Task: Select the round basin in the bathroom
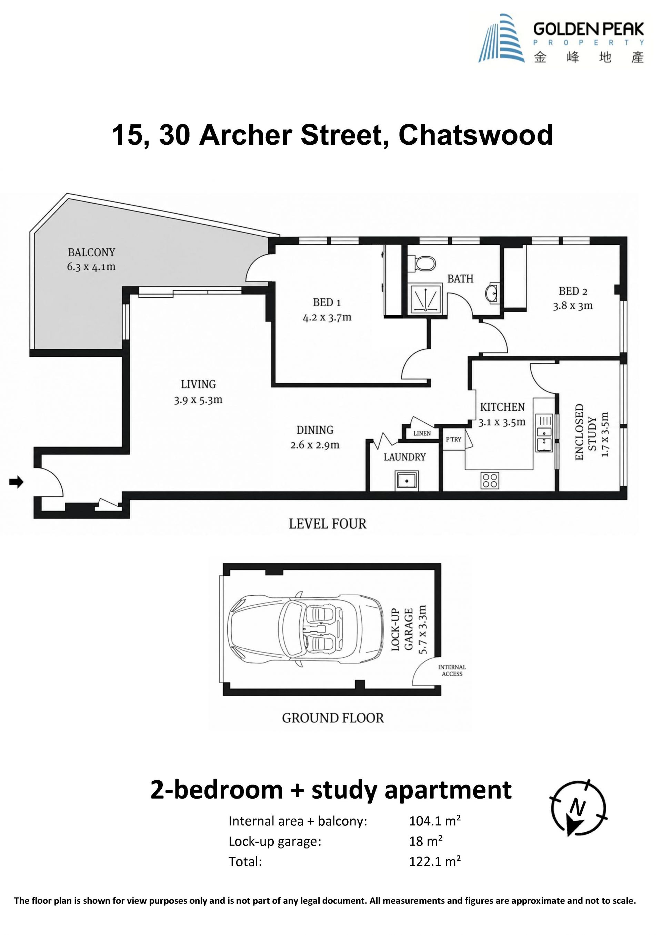(x=492, y=293)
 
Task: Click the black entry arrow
(x=16, y=482)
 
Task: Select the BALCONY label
(x=91, y=253)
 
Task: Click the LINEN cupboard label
(x=422, y=433)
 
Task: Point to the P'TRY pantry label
(x=453, y=439)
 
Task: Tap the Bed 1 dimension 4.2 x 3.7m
(x=327, y=317)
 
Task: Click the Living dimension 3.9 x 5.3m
(x=198, y=400)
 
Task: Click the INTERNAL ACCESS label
(x=452, y=670)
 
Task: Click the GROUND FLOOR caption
(x=333, y=718)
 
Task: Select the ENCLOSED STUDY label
(x=585, y=432)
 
